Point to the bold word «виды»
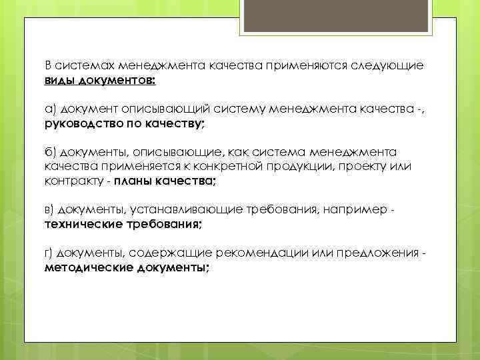59,80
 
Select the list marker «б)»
51,153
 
